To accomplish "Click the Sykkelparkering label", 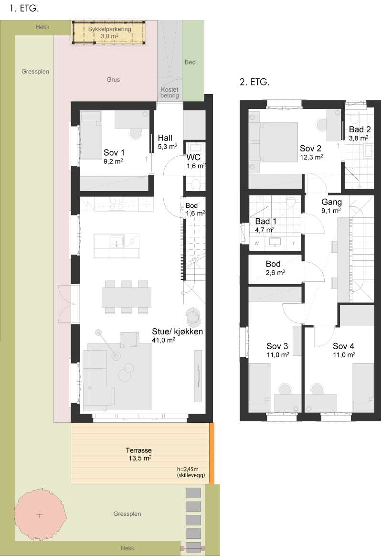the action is tap(109, 29).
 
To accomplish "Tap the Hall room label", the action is tap(165, 138).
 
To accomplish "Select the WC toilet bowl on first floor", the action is tap(195, 183).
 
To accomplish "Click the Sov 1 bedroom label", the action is tap(114, 152).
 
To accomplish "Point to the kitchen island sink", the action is tap(116, 242).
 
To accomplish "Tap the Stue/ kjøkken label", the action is tap(177, 331).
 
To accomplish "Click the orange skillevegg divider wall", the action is tap(212, 453).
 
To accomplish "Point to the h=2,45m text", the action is tap(188, 469).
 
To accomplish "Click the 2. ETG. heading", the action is tap(254, 82).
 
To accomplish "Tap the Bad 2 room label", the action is tap(360, 129).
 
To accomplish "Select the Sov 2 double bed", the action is tap(273, 142).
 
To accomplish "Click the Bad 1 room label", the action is tap(265, 221).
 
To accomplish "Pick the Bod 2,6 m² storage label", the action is tap(275, 268).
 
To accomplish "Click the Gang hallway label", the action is tap(331, 202).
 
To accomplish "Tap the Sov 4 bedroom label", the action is tap(343, 346).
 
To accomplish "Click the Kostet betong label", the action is tap(169, 93).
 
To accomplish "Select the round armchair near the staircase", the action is tap(193, 316).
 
